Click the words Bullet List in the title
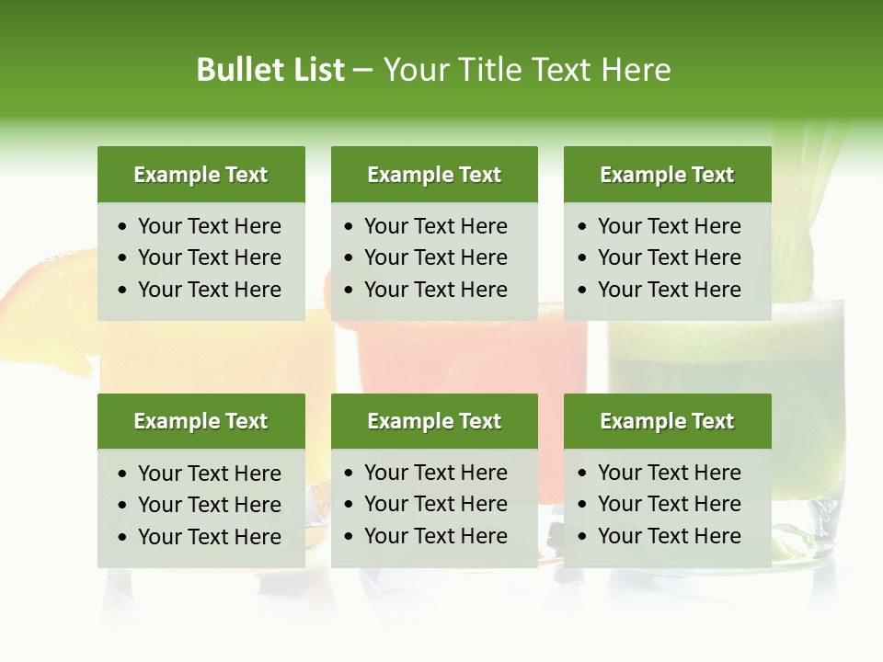(270, 70)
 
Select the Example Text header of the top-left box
(201, 175)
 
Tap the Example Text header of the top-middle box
(434, 175)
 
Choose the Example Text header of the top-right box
(667, 175)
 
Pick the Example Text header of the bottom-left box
(201, 421)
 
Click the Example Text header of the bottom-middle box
(434, 421)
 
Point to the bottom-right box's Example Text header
(667, 421)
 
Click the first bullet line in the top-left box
(209, 226)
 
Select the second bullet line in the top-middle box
(435, 257)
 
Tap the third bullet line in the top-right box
(669, 290)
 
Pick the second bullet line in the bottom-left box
(209, 505)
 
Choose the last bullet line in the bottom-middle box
(435, 536)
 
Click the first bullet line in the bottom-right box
(669, 473)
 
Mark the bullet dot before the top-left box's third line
(123, 291)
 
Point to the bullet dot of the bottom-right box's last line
(583, 537)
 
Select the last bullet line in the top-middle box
(435, 290)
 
